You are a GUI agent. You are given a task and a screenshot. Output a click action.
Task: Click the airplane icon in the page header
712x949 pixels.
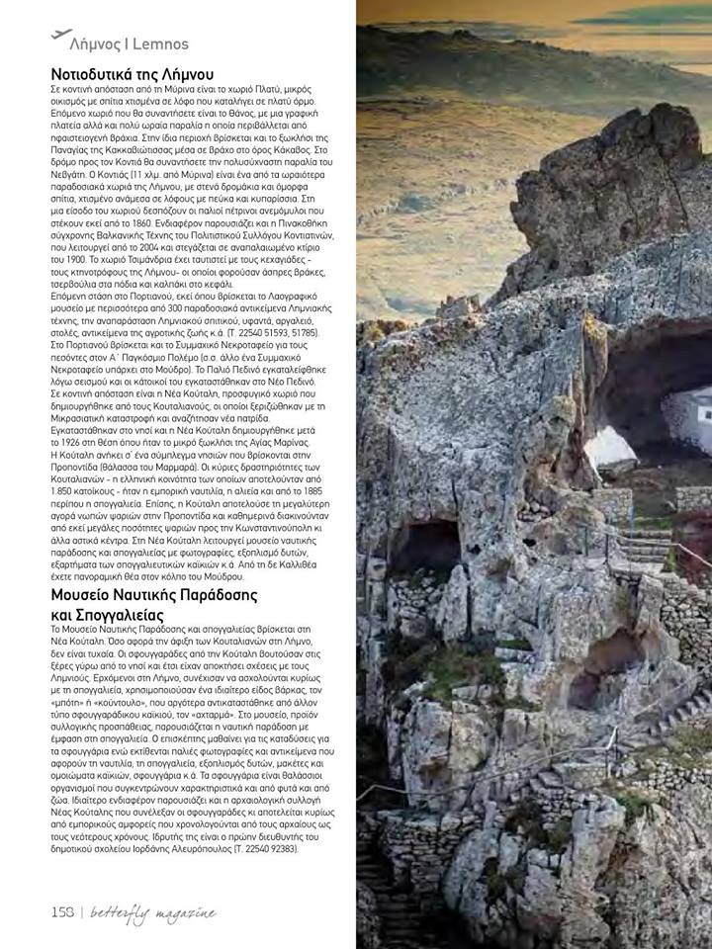60,34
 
